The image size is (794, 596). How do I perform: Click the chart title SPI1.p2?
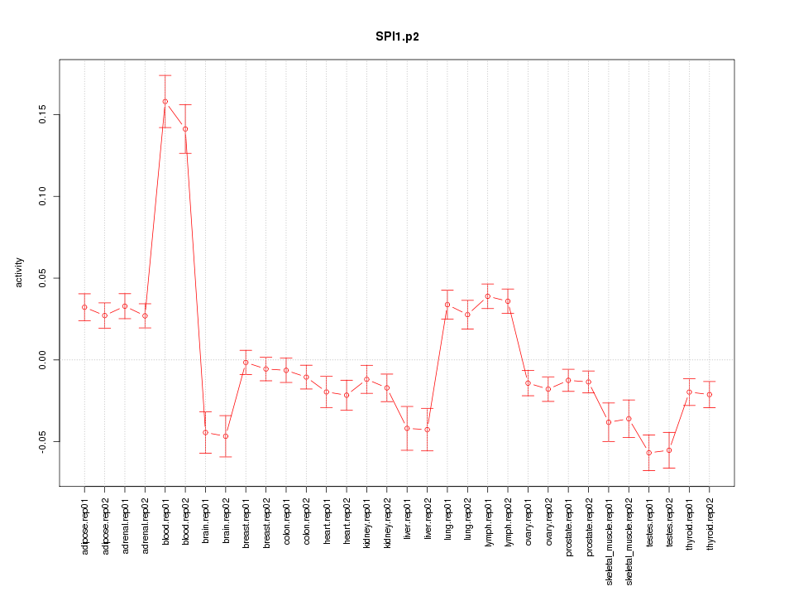click(x=397, y=36)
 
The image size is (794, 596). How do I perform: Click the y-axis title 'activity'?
click(x=20, y=273)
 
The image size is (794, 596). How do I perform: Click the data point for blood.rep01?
click(x=165, y=102)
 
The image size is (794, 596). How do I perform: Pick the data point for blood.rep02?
click(x=185, y=129)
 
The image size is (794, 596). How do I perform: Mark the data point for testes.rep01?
click(x=649, y=453)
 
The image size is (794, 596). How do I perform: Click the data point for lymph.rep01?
click(x=488, y=296)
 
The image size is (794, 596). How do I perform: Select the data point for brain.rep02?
click(x=226, y=436)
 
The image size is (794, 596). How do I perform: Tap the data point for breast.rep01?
click(x=246, y=363)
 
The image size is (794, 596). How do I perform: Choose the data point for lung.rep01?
click(x=447, y=305)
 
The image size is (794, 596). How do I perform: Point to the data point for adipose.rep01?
click(x=84, y=307)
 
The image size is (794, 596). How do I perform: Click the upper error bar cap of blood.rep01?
click(x=165, y=75)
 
